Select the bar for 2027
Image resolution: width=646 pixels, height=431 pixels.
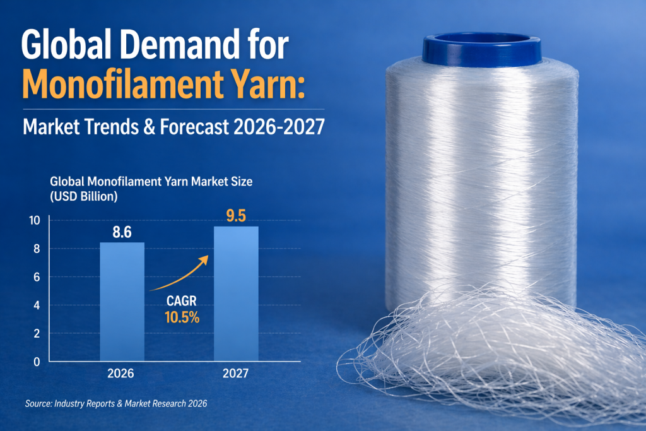click(x=236, y=293)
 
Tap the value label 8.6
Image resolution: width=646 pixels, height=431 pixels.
click(x=122, y=232)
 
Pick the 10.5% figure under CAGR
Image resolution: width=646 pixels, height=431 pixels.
click(x=182, y=319)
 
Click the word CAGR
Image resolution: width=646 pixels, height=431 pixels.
click(x=182, y=302)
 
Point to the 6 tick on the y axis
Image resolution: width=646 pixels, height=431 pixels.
click(x=37, y=277)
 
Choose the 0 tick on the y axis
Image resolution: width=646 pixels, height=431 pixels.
click(x=37, y=362)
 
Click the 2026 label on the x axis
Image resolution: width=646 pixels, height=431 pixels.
click(x=121, y=374)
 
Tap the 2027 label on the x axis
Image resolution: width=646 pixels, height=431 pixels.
click(x=236, y=374)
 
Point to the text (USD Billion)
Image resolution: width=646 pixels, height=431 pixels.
click(x=84, y=196)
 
